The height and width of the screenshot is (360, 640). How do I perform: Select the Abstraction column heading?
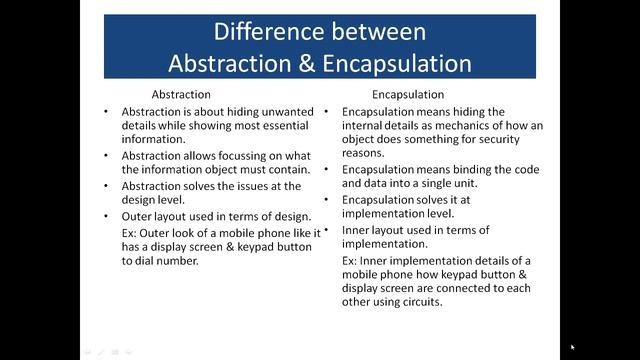coord(180,95)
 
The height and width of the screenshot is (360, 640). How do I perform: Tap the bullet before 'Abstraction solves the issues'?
coord(106,186)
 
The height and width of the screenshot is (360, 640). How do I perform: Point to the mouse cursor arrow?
coord(572,347)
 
